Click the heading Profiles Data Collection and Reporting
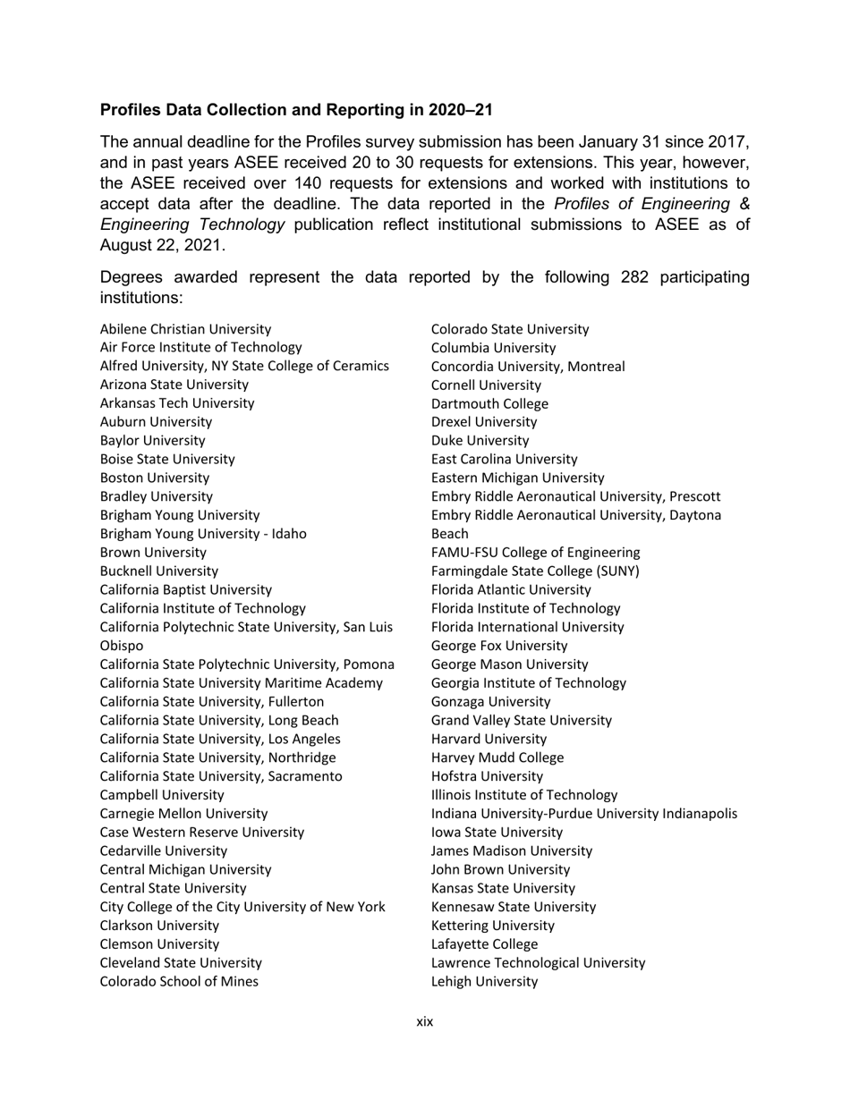coord(295,110)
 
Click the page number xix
coord(424,1021)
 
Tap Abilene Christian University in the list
coord(185,329)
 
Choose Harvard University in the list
coord(489,739)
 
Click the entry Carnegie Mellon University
coord(183,813)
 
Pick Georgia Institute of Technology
coord(528,682)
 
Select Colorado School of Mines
coord(179,981)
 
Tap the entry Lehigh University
coord(484,981)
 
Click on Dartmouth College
coord(489,403)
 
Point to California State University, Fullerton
coord(212,701)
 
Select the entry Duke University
coord(480,440)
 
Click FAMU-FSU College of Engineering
coord(535,552)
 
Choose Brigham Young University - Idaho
coord(203,534)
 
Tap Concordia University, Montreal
coord(528,366)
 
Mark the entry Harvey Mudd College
coord(497,757)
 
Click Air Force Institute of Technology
coord(200,347)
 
